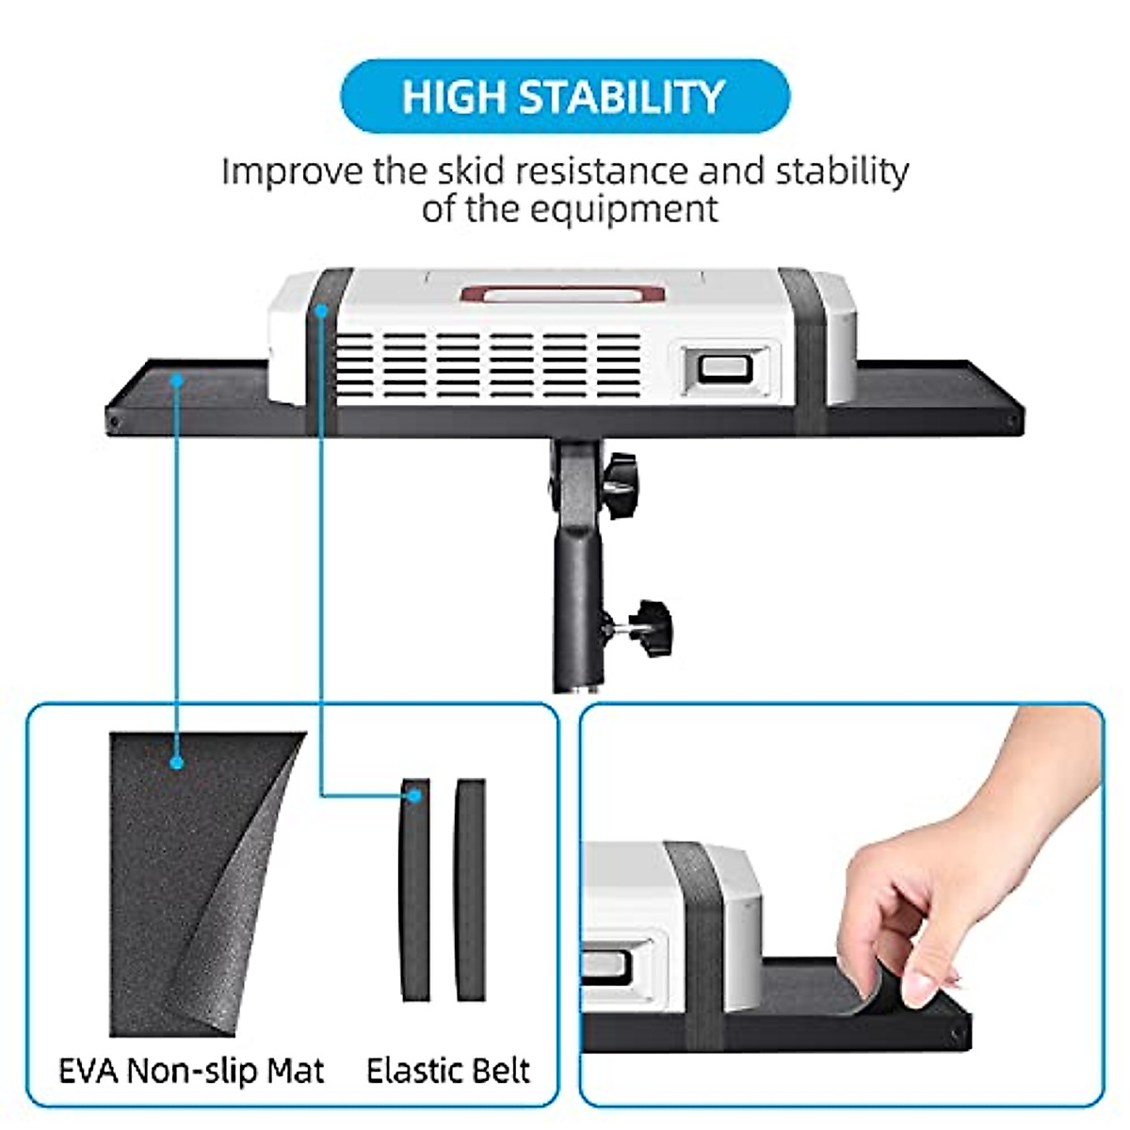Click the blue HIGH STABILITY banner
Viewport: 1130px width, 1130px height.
click(x=564, y=97)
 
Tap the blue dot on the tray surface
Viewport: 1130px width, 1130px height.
click(x=176, y=379)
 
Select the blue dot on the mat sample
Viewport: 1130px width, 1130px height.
click(x=176, y=762)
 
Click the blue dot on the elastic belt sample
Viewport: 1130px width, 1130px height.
click(x=414, y=797)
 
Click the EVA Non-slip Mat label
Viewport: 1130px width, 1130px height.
click(x=191, y=1071)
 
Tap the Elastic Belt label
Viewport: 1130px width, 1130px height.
click(x=448, y=1071)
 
